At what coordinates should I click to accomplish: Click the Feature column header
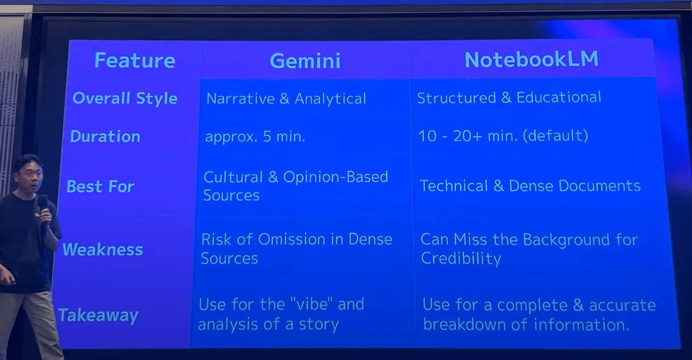click(135, 60)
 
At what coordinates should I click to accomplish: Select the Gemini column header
click(305, 60)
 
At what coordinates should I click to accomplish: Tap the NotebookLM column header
click(532, 59)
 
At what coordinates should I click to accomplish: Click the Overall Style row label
click(125, 98)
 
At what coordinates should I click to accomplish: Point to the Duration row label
click(105, 136)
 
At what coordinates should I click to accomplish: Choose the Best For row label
click(101, 187)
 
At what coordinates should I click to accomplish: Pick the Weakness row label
click(102, 249)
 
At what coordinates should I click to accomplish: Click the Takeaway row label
click(98, 315)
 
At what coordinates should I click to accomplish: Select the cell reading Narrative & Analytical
click(287, 99)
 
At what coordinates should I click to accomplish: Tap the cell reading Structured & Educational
click(509, 97)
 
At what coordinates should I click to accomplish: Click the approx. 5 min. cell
click(255, 136)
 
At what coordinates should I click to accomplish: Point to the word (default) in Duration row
click(556, 135)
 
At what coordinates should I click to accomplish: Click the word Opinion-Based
click(336, 177)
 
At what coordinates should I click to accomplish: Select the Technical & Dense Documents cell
click(531, 186)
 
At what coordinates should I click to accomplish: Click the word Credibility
click(461, 259)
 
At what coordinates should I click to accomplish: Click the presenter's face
click(30, 177)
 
